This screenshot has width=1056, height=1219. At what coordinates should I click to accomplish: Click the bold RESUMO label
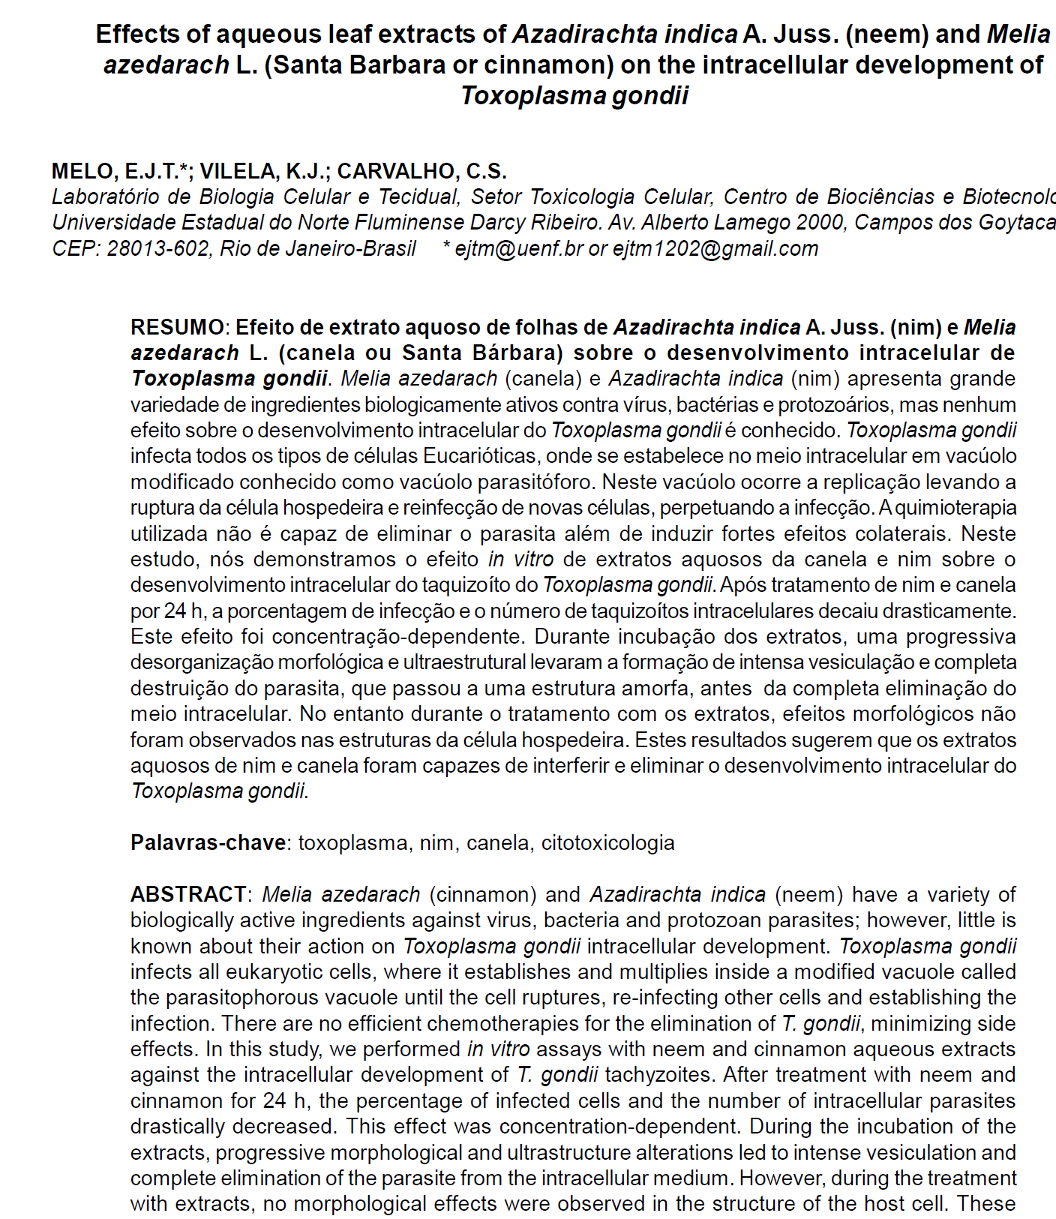point(176,327)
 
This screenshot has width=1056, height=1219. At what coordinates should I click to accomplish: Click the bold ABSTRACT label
point(187,894)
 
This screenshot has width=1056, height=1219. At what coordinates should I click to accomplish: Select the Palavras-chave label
point(208,842)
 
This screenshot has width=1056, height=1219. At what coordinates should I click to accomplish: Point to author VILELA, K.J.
point(263,171)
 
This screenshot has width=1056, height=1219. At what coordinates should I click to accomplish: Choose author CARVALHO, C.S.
point(421,171)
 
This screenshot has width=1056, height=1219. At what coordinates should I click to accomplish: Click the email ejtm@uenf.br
point(519,248)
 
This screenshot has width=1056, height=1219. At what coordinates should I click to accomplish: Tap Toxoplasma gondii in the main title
point(574,96)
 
